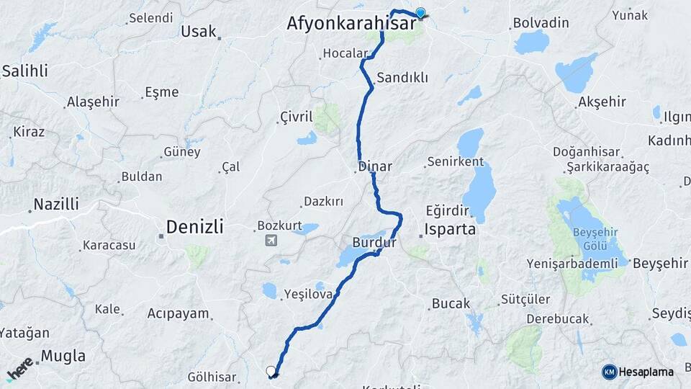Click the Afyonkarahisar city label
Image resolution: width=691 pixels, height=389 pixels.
pyautogui.click(x=351, y=23)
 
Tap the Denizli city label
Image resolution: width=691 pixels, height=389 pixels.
pyautogui.click(x=194, y=227)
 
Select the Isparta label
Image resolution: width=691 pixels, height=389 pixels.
pyautogui.click(x=451, y=230)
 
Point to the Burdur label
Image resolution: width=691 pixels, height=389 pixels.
pyautogui.click(x=374, y=243)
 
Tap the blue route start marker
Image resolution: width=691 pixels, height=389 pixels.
pyautogui.click(x=420, y=12)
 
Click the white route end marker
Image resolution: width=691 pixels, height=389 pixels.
pyautogui.click(x=271, y=371)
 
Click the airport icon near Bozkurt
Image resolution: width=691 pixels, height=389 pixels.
pyautogui.click(x=271, y=241)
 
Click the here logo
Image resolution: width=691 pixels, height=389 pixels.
pyautogui.click(x=19, y=369)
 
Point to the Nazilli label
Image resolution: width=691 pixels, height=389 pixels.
pyautogui.click(x=57, y=205)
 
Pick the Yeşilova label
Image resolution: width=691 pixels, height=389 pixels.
pyautogui.click(x=308, y=294)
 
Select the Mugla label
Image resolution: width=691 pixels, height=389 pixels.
pyautogui.click(x=63, y=356)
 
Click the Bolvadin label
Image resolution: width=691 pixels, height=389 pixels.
pyautogui.click(x=541, y=23)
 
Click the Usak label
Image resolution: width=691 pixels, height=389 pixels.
pyautogui.click(x=198, y=31)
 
